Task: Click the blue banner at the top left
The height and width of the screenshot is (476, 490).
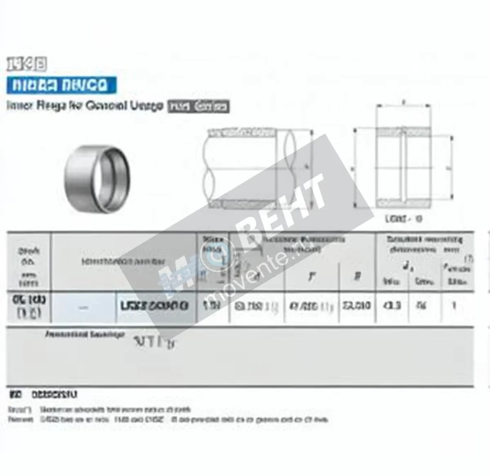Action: (x=61, y=85)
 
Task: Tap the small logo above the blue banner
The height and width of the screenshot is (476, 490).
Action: (x=27, y=64)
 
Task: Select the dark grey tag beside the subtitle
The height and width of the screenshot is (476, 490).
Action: (x=199, y=107)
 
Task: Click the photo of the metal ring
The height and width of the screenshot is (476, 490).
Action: (x=97, y=179)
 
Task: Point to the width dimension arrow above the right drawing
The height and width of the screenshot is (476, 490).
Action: (x=403, y=105)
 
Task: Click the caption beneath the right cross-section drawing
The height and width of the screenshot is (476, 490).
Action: (x=403, y=219)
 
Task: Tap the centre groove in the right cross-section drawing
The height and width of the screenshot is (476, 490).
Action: (x=403, y=168)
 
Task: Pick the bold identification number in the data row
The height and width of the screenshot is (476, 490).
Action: (x=155, y=306)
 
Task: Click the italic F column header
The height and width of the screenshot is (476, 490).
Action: (x=312, y=277)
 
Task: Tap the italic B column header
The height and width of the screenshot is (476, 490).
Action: (x=357, y=277)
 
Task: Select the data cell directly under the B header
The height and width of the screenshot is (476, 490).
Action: (x=356, y=306)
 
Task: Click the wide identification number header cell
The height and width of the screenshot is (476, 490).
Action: (x=123, y=261)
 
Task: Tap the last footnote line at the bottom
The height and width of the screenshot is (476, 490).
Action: (x=168, y=419)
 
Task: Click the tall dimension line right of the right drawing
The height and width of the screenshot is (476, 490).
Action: (x=452, y=168)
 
